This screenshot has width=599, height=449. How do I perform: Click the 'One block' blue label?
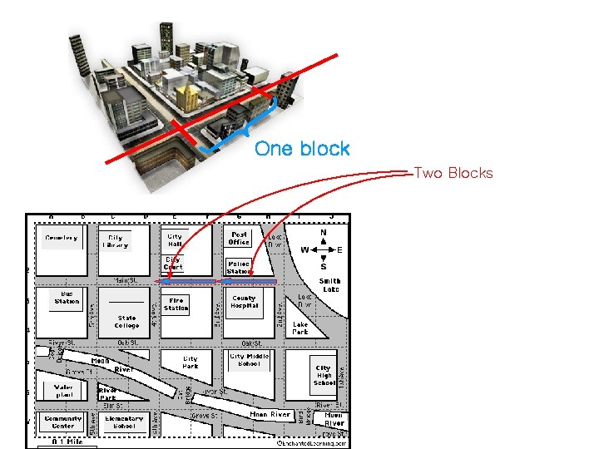pos(302,149)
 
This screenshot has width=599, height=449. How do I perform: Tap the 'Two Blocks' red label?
pos(453,173)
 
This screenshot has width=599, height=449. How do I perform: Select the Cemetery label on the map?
pos(61,238)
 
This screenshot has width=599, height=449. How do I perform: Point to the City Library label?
pos(116,241)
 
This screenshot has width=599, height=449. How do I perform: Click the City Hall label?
pos(175,241)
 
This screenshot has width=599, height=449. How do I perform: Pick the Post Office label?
pos(239,238)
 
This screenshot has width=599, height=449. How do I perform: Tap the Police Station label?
pos(239,267)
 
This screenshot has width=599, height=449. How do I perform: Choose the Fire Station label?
pos(176,304)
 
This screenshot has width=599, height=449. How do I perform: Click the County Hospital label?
pos(245,301)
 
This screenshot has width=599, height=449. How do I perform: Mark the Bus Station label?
pos(67,297)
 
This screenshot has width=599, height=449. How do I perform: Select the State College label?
pos(127,321)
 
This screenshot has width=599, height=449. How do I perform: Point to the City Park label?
pos(191,362)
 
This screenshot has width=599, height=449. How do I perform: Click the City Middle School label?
pos(250,360)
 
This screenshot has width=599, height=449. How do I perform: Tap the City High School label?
pos(324,375)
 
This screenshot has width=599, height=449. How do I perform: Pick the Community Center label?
pos(63,422)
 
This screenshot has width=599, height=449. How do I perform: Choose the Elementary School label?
pos(125,422)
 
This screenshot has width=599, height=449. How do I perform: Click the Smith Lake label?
pos(329,285)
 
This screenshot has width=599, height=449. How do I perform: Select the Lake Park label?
pos(300,328)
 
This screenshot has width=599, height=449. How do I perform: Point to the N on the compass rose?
pos(324,233)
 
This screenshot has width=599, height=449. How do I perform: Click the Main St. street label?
pos(126,281)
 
